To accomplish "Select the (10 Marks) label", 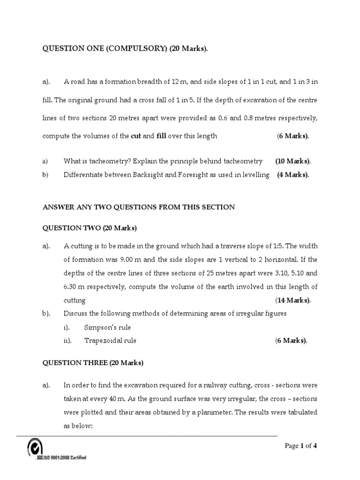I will pyautogui.click(x=293, y=161).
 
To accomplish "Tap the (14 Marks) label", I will pyautogui.click(x=293, y=300).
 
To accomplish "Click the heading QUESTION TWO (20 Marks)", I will pyautogui.click(x=90, y=228).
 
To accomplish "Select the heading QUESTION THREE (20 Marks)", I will pyautogui.click(x=93, y=363).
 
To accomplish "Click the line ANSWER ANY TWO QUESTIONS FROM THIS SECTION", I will pyautogui.click(x=139, y=207).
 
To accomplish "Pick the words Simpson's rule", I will pyautogui.click(x=107, y=327).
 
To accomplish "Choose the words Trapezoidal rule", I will pyautogui.click(x=110, y=341).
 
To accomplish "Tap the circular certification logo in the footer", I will pyautogui.click(x=36, y=446).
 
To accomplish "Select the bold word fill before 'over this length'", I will pyautogui.click(x=161, y=136).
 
